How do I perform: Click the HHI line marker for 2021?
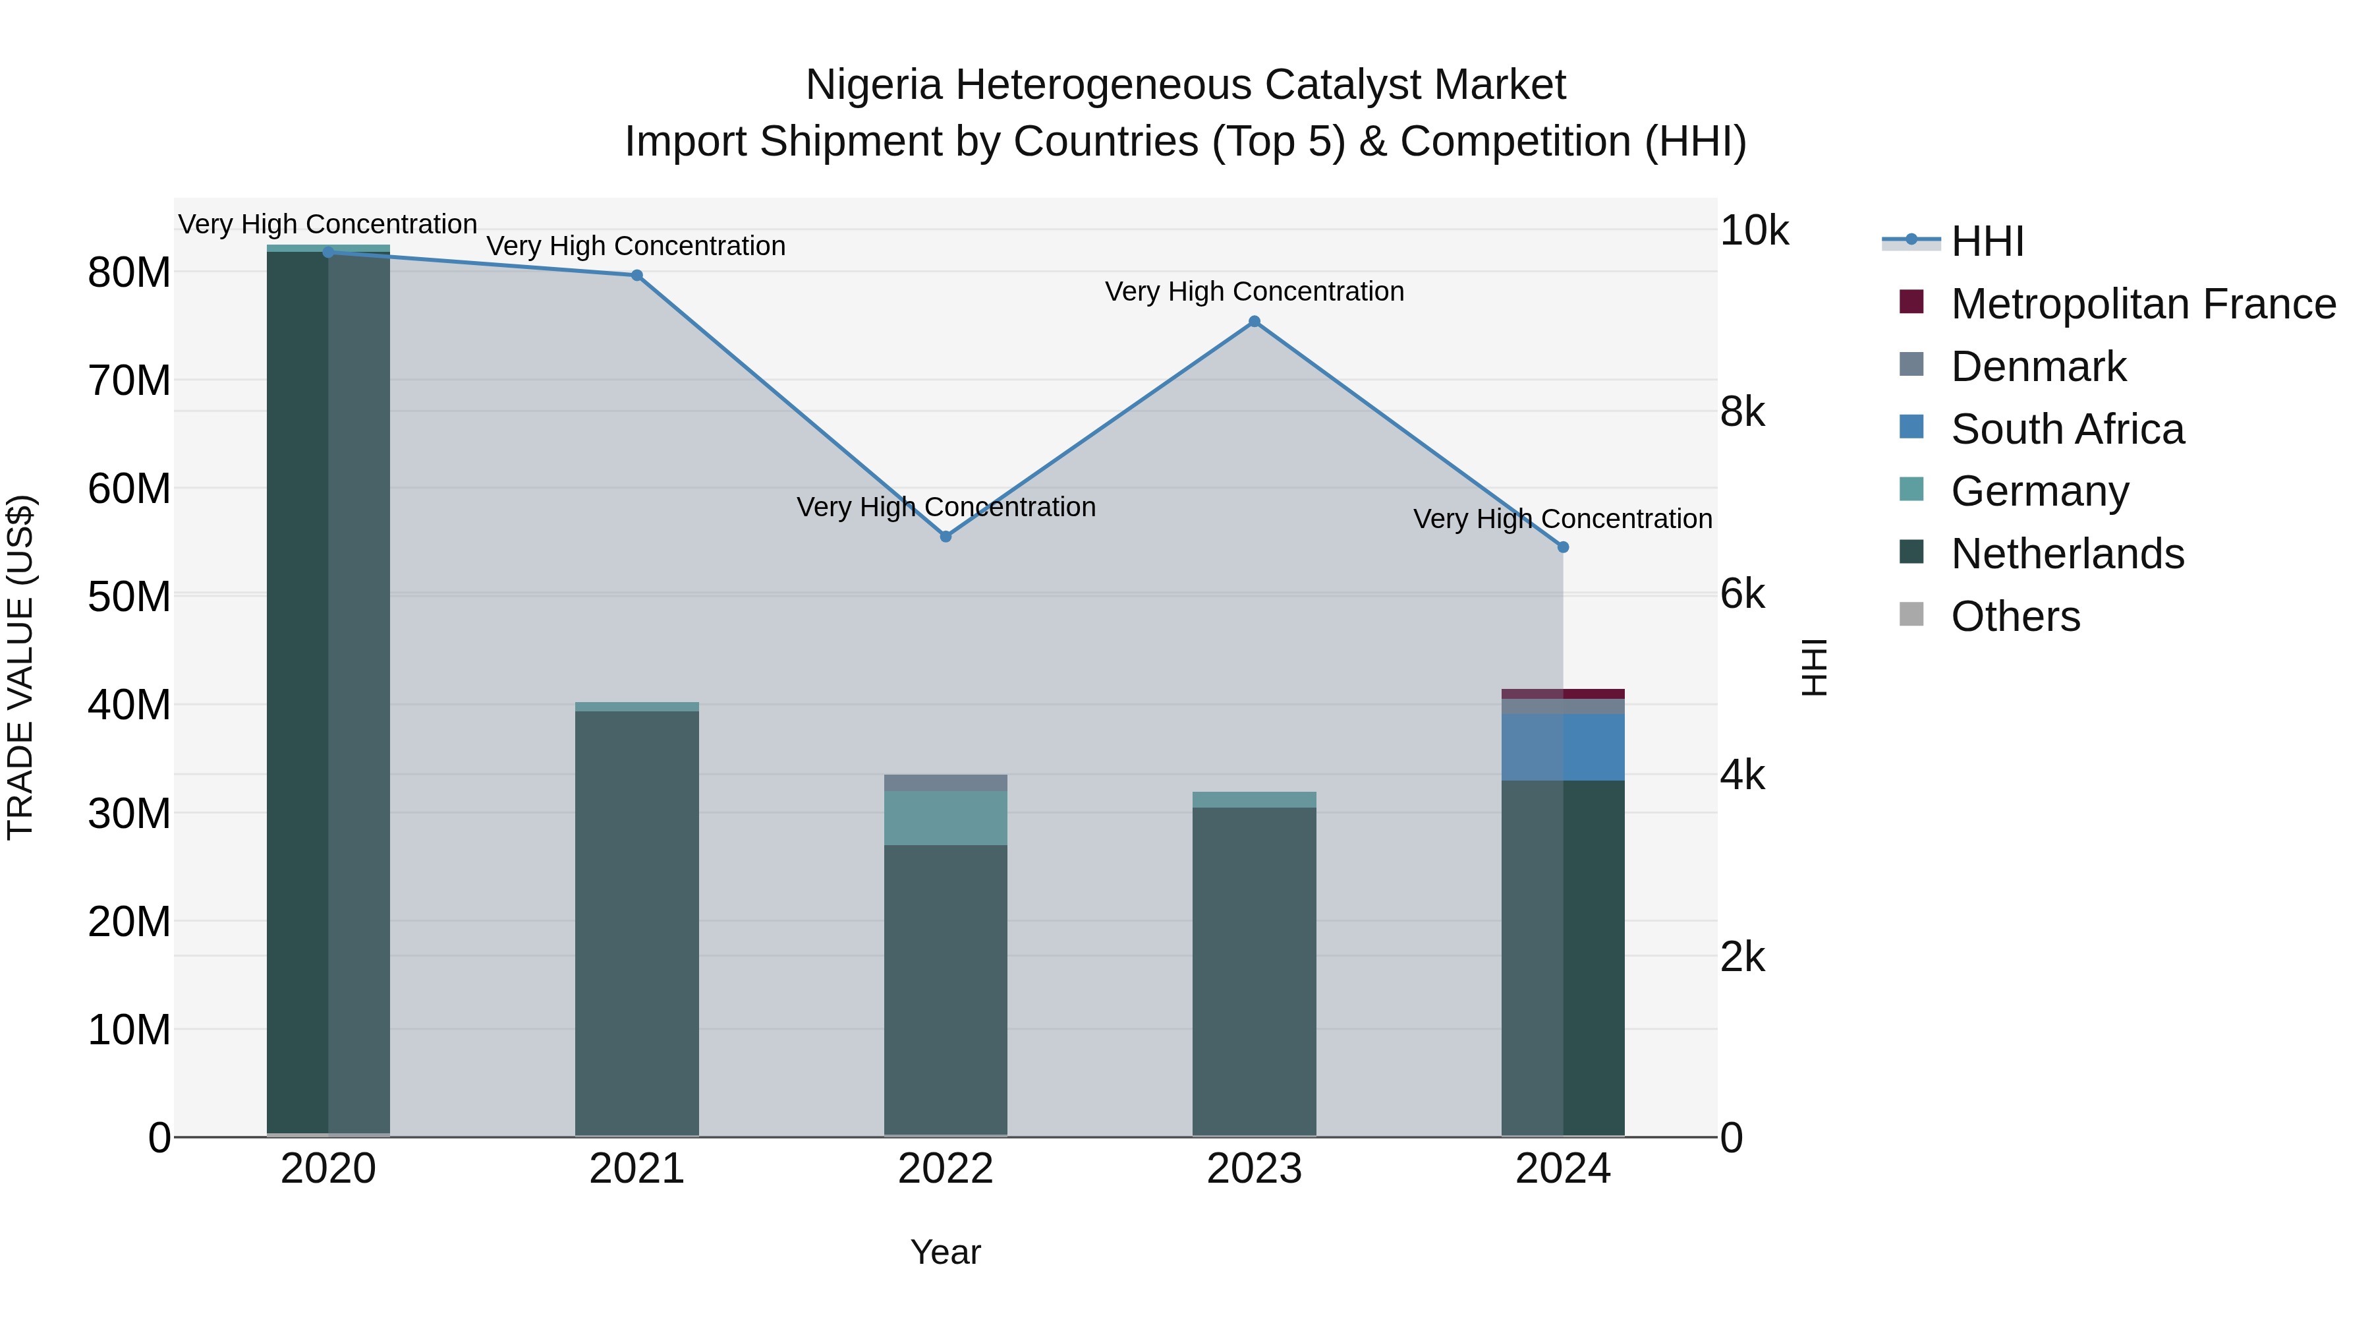pos(636,276)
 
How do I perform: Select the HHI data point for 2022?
pos(946,536)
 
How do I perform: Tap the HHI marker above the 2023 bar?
pos(1254,322)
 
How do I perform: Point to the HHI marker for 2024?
pos(1563,547)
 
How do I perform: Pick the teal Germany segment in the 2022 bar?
pos(946,818)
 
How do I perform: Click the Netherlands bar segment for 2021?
pos(636,922)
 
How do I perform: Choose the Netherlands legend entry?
pos(2066,554)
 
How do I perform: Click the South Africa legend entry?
pos(2066,429)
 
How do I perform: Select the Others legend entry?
pos(2015,616)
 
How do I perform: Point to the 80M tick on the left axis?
pos(129,273)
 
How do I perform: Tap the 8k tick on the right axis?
pos(1742,412)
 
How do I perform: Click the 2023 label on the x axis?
pos(1254,1169)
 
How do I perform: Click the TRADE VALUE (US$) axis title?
pos(20,667)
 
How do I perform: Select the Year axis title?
pos(946,1252)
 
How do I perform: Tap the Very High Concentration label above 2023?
pos(1254,291)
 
